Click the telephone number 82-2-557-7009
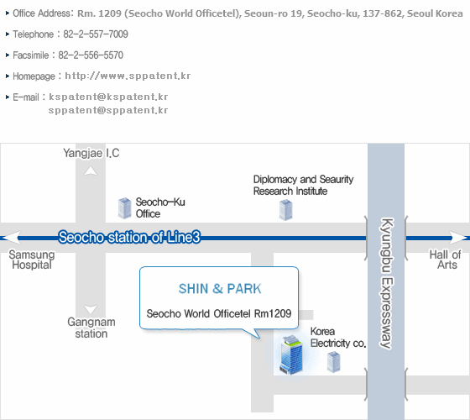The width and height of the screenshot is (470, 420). pos(96,34)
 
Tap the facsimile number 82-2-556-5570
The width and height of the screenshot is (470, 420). pos(91,55)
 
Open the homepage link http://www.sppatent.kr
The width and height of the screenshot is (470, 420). pos(128,76)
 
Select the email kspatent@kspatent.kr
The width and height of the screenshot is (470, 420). pos(108,97)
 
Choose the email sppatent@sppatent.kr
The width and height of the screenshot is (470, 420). pos(108,110)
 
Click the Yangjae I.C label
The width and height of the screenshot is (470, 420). pos(91,153)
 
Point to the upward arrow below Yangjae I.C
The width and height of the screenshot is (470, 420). pos(91,171)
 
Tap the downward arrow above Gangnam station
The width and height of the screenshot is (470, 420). pos(91,310)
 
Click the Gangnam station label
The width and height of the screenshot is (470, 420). pos(91,328)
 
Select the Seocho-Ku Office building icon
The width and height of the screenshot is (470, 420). pos(125,208)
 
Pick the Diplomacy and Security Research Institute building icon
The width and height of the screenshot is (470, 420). pos(285,210)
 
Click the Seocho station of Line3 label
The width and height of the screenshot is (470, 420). pos(129,237)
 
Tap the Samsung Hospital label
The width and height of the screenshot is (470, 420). pos(32,260)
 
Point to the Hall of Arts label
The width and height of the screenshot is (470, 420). pos(445,260)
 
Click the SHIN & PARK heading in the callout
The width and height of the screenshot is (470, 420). pos(220,289)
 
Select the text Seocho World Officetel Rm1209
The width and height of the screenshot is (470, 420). pos(219,313)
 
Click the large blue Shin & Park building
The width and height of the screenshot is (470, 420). pos(290,355)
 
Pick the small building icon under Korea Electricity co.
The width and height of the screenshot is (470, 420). pos(333,362)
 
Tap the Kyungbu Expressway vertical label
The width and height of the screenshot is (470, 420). pos(386,284)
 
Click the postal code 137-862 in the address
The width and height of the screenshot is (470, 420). pos(382,13)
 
